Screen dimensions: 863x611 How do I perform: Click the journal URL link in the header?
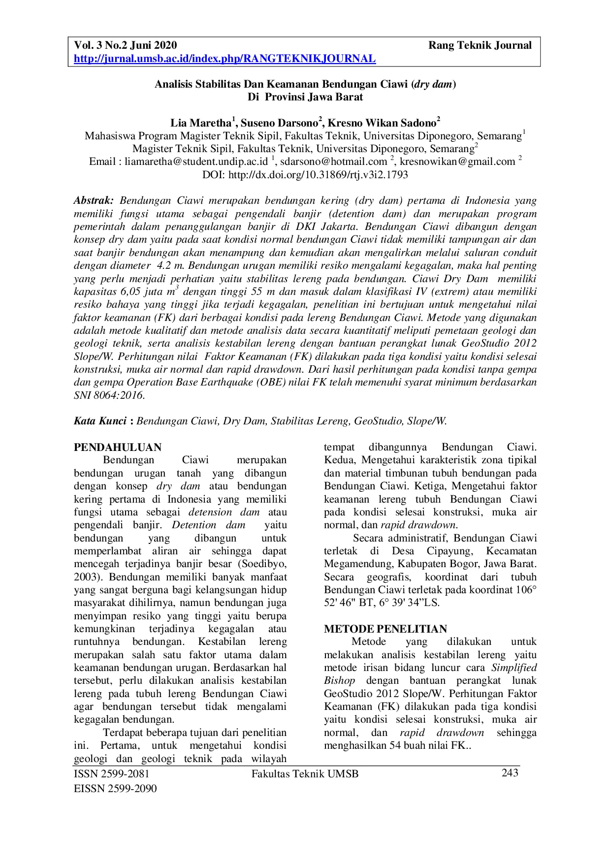point(225,59)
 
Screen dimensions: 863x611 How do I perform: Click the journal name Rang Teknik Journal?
point(480,46)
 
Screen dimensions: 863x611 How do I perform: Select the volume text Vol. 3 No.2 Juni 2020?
point(125,46)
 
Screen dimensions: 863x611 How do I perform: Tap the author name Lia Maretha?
point(201,123)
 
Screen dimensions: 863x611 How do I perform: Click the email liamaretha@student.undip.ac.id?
point(196,161)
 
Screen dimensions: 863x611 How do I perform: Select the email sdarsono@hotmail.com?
point(333,161)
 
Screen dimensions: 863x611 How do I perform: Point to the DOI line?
point(305,175)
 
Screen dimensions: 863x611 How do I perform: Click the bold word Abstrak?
point(94,200)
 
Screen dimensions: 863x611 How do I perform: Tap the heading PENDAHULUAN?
point(118,447)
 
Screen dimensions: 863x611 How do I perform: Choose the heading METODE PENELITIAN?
point(386,629)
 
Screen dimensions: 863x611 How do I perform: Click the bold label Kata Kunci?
point(100,421)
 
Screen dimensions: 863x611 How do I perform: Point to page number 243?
point(510,773)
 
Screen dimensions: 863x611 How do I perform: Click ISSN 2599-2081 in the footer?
point(111,774)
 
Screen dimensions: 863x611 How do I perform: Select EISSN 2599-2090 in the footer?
point(115,789)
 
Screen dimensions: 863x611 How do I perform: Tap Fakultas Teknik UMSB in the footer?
point(305,774)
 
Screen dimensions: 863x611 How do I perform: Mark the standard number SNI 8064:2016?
point(109,395)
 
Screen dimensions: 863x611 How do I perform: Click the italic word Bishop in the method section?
point(339,681)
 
